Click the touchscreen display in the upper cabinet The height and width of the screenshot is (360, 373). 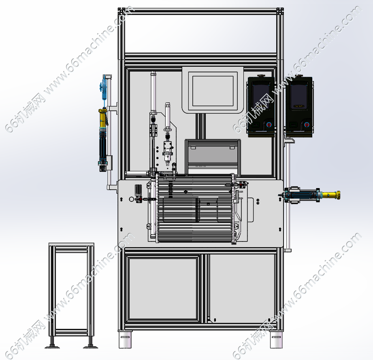[213, 91]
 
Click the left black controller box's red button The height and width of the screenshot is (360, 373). [269, 125]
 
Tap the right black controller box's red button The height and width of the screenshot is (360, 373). [307, 125]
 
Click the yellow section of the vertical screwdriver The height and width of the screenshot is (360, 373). [103, 118]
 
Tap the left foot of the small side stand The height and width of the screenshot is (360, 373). [52, 346]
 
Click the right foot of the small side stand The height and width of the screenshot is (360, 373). [90, 346]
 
